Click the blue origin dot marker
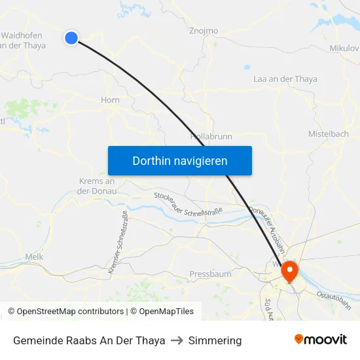(x=71, y=38)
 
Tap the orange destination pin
(x=289, y=270)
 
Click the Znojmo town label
(x=203, y=31)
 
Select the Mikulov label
(x=344, y=48)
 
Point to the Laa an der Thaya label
(x=285, y=79)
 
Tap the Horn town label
(x=110, y=100)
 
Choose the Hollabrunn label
(x=211, y=137)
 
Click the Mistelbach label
(x=329, y=134)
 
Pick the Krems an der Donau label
(x=96, y=186)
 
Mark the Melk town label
(x=33, y=257)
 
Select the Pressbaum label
(x=210, y=274)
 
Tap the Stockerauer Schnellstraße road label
(x=189, y=204)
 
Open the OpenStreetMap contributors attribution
(x=65, y=312)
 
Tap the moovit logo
(x=321, y=339)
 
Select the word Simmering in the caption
(x=215, y=340)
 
